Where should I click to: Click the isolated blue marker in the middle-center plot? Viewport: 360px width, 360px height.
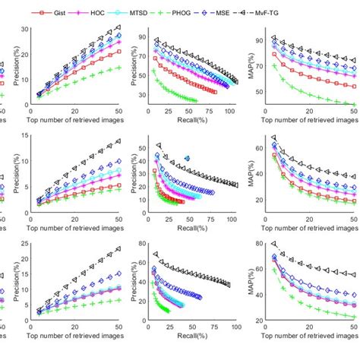[187, 159]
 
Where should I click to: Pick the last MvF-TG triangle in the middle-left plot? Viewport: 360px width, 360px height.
[117, 141]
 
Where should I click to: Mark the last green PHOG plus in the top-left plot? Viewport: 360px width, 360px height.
[117, 68]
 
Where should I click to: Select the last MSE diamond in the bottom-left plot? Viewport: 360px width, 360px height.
[117, 273]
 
